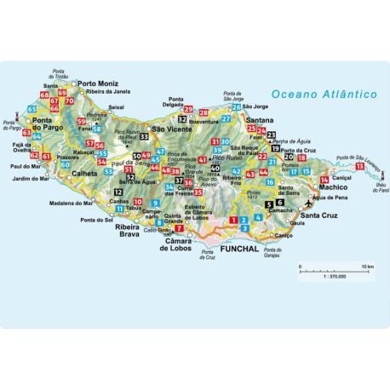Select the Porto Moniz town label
[x=98, y=83]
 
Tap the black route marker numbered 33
[x=144, y=136]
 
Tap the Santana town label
[x=256, y=122]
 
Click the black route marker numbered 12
[x=117, y=194]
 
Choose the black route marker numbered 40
[x=215, y=169]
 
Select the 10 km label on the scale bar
[x=365, y=267]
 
